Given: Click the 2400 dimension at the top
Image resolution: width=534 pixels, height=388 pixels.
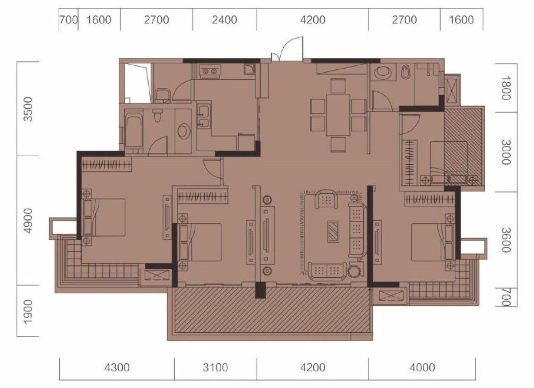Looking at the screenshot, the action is click(224, 20).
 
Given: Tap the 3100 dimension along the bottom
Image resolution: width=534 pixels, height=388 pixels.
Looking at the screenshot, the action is click(215, 368).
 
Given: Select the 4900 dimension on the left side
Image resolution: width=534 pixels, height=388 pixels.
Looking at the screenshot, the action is click(28, 221).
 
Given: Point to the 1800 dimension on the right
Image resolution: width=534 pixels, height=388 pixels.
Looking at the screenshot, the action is click(506, 88).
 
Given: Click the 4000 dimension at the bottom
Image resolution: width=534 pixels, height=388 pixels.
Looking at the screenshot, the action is click(422, 368).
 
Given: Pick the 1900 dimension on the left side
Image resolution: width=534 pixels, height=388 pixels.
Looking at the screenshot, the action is click(28, 312).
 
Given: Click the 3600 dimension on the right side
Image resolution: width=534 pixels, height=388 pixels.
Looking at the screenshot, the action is click(506, 240).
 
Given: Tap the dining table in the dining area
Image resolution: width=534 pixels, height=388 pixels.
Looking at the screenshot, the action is click(338, 115).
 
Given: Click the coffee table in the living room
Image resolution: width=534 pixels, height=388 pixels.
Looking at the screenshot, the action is click(333, 231).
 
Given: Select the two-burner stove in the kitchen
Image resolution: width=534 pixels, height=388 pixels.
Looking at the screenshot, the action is click(209, 71).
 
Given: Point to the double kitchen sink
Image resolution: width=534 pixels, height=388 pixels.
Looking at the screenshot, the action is click(204, 116).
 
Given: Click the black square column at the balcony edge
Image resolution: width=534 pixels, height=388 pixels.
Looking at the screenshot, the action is click(260, 290).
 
